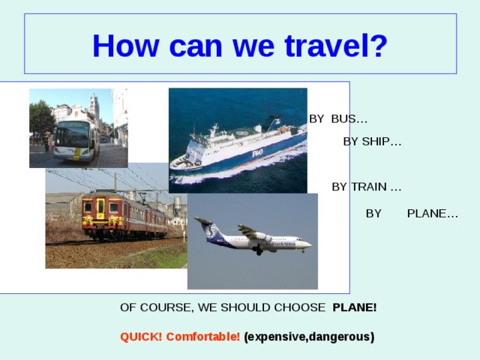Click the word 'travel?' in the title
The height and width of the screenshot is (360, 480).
click(x=336, y=46)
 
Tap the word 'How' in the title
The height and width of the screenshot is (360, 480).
click(x=125, y=46)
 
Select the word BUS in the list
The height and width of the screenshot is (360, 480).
click(x=349, y=118)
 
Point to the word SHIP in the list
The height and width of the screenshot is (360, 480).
click(x=382, y=142)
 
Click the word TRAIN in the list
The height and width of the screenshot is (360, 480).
click(x=368, y=187)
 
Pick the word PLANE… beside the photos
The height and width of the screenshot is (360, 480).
click(x=433, y=213)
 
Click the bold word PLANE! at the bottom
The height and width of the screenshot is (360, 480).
click(x=355, y=307)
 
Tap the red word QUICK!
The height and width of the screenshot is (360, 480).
click(x=141, y=337)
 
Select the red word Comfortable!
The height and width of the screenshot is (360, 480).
click(x=203, y=337)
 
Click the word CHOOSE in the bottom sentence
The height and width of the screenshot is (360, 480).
click(x=300, y=307)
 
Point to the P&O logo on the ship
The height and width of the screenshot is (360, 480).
click(x=257, y=153)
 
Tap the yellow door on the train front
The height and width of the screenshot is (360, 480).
click(x=100, y=208)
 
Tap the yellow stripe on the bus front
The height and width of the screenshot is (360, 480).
click(x=77, y=154)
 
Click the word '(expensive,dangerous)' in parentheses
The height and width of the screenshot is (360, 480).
click(x=309, y=337)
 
